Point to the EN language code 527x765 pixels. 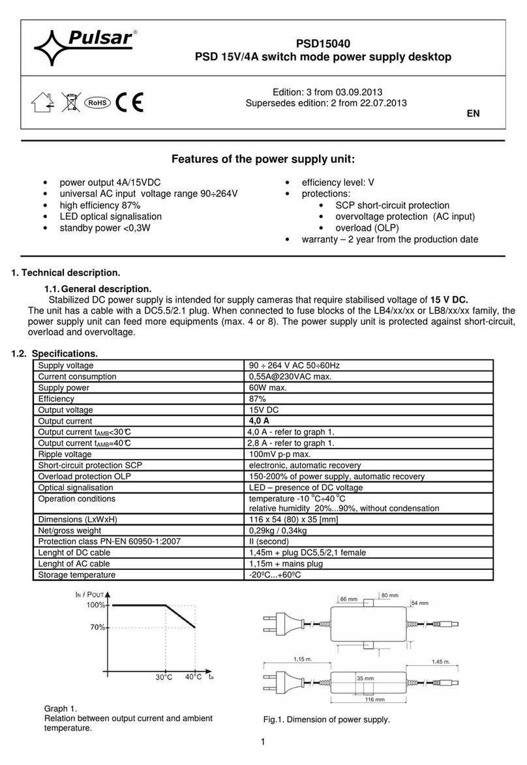[x=474, y=113]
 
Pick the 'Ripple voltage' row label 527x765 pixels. [x=66, y=454]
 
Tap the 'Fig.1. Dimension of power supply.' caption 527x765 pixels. [x=326, y=719]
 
